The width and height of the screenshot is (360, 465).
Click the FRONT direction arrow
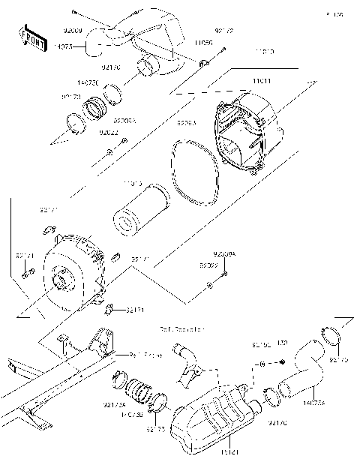point(28,35)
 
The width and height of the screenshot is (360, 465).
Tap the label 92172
point(223,31)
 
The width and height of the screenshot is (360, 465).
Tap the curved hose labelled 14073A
point(304,367)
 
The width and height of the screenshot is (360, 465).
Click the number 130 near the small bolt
point(283,343)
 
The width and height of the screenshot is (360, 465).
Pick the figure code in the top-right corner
point(334,14)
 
